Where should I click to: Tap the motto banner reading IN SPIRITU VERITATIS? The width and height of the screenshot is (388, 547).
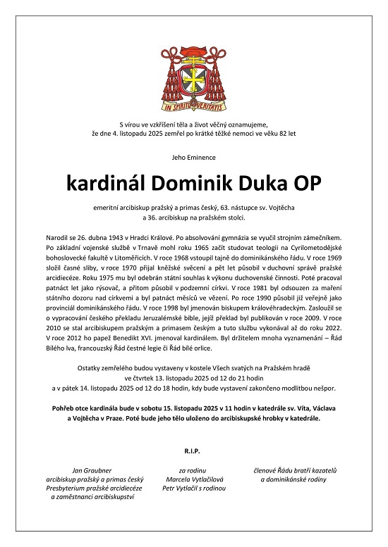tap(193, 108)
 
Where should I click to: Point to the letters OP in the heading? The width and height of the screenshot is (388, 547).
tap(305, 184)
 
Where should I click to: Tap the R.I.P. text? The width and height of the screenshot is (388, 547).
tap(193, 448)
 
